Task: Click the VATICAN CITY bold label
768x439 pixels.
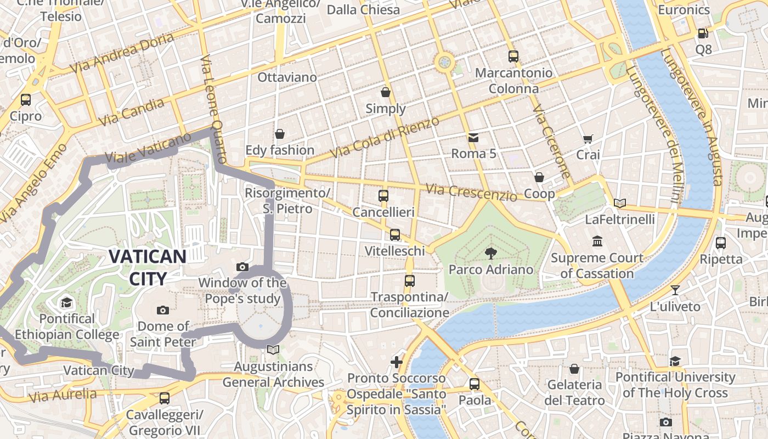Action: click(x=147, y=267)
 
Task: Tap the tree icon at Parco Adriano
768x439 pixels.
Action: click(x=490, y=253)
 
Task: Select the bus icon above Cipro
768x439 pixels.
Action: click(x=25, y=100)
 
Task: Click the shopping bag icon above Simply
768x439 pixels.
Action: click(x=386, y=92)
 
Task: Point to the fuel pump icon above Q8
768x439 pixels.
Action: click(x=703, y=33)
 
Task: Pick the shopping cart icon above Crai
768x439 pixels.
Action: click(x=588, y=139)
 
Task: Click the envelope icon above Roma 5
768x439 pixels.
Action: click(x=473, y=137)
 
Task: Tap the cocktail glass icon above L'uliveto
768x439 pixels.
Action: click(x=675, y=290)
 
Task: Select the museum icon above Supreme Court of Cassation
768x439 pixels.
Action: click(x=597, y=241)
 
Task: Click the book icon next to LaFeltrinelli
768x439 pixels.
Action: click(x=619, y=204)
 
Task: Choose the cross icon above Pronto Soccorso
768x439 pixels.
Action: click(x=396, y=362)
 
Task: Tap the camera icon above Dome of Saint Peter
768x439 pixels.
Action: click(x=162, y=310)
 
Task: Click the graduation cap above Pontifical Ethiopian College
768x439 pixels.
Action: click(x=66, y=302)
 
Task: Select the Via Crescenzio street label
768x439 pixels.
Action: click(x=471, y=192)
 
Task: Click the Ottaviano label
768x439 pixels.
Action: click(x=287, y=77)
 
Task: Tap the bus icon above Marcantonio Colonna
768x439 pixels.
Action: click(x=513, y=56)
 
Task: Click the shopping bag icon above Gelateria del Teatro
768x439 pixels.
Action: click(x=574, y=369)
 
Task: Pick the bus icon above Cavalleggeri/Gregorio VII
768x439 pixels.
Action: click(x=164, y=398)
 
